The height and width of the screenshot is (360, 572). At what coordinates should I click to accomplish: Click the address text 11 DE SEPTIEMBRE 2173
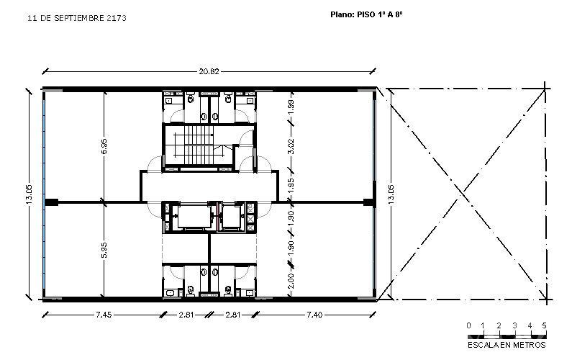click(x=77, y=18)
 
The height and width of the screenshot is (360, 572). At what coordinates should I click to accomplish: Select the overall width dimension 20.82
click(x=209, y=71)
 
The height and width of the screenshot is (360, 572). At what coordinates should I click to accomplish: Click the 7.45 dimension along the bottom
click(x=104, y=315)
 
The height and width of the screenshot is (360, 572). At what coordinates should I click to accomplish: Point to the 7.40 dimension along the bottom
click(x=314, y=315)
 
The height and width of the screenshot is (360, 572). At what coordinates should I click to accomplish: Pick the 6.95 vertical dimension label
click(x=104, y=146)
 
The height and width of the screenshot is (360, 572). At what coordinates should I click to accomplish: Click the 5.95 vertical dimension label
click(x=104, y=250)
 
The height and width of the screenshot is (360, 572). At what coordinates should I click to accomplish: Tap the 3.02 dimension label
click(x=291, y=146)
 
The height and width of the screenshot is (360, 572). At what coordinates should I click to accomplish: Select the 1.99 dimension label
click(x=291, y=107)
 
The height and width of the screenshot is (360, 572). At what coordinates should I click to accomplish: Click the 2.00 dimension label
click(x=291, y=281)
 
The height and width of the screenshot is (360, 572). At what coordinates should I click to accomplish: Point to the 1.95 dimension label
click(x=291, y=186)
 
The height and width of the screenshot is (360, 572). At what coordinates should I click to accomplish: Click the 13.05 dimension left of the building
click(x=29, y=194)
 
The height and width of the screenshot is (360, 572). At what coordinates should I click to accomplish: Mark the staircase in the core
click(x=199, y=145)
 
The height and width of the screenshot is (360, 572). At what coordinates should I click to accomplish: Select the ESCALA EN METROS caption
click(x=507, y=345)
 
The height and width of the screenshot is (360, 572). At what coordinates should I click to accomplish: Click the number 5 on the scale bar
click(x=544, y=325)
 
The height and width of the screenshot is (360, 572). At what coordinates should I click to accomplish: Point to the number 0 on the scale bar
click(x=469, y=325)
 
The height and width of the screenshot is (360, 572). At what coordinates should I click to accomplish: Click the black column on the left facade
click(x=51, y=202)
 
